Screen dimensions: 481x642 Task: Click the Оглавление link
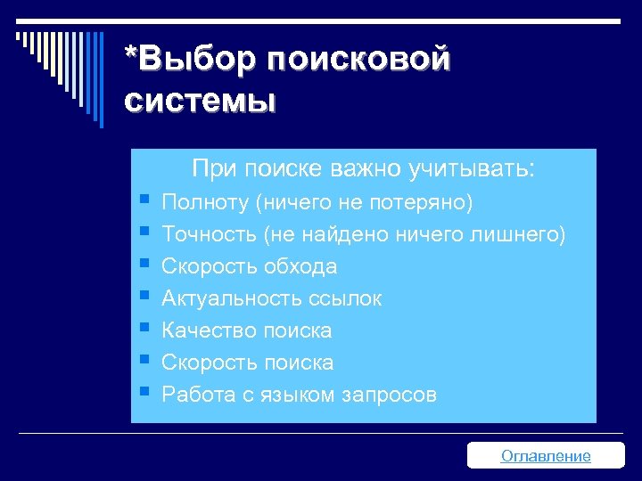pyautogui.click(x=546, y=456)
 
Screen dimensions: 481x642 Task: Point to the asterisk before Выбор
pyautogui.click(x=132, y=55)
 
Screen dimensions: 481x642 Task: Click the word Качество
pyautogui.click(x=208, y=330)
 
